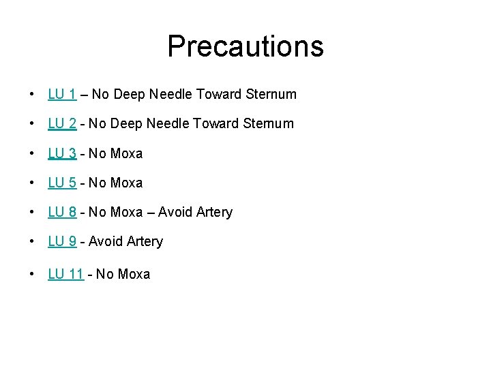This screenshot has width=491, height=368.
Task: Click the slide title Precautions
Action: click(245, 46)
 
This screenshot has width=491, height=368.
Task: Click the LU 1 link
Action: click(61, 94)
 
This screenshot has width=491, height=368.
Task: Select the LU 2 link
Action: click(61, 123)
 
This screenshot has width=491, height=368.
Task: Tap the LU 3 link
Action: click(61, 153)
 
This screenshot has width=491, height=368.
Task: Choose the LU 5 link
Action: click(61, 183)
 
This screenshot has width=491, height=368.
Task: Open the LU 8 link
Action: click(61, 212)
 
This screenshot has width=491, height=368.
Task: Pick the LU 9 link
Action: click(61, 241)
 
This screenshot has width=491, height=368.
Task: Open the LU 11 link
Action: click(65, 274)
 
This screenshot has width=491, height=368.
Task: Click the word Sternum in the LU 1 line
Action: click(272, 94)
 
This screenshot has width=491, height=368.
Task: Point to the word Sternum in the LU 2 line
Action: click(269, 123)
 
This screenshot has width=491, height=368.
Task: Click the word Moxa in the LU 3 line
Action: click(126, 153)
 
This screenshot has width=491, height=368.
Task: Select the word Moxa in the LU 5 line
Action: click(126, 183)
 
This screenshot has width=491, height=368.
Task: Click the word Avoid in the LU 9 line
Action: click(105, 241)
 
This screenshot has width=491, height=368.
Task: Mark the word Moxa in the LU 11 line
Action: click(134, 274)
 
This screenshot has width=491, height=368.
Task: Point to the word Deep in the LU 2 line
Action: click(128, 123)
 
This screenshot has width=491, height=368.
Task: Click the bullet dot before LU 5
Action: click(32, 183)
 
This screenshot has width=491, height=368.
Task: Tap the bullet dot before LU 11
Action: click(32, 275)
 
